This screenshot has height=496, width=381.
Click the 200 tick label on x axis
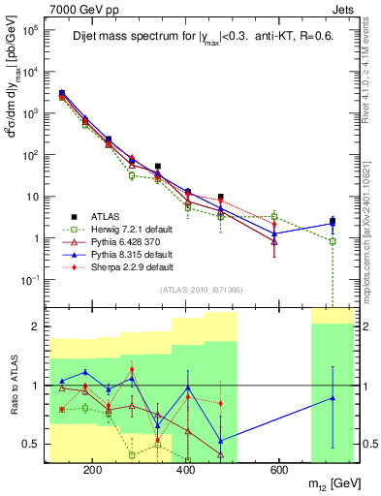93,471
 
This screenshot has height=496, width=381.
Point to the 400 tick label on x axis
185,471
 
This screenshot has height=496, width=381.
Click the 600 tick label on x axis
278,471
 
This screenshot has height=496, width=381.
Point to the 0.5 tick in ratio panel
33,444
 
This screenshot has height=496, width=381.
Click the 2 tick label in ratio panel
37,326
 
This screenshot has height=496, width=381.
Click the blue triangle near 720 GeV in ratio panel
333,398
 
